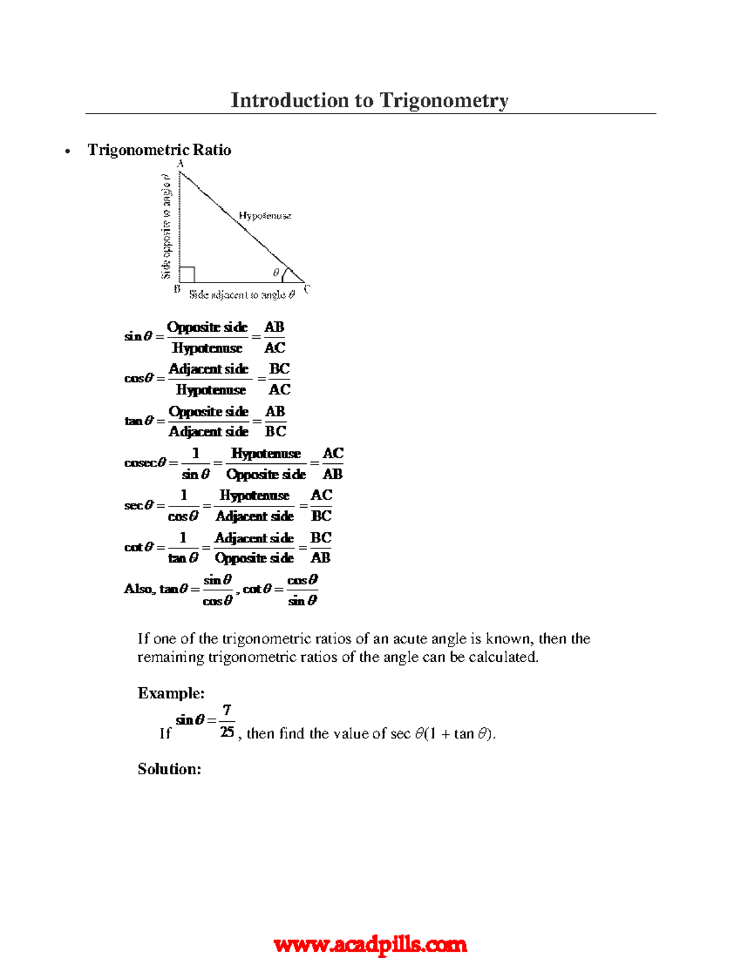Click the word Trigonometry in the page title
(x=443, y=100)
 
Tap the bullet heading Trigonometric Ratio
(x=159, y=150)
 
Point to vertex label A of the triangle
(x=180, y=163)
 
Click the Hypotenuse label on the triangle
(x=265, y=215)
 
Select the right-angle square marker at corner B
(x=187, y=275)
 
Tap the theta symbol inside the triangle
(x=276, y=272)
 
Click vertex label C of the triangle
(x=307, y=289)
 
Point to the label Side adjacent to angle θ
(x=242, y=295)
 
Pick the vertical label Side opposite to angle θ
(x=165, y=226)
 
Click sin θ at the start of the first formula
(x=138, y=336)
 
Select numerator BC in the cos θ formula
(x=279, y=369)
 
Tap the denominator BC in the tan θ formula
(x=275, y=431)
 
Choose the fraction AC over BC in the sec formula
(x=321, y=505)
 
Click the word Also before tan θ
(x=139, y=588)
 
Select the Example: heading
(x=171, y=693)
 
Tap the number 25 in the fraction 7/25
(x=227, y=732)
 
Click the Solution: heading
(x=169, y=769)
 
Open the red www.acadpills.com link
(x=370, y=944)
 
